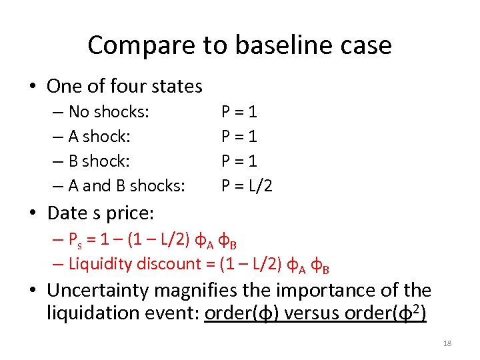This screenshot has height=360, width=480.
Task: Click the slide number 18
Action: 447,343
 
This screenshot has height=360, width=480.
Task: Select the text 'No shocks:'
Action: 109,112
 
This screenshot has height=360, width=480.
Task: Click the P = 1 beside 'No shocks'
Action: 239,112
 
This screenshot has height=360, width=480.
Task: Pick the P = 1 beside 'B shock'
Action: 239,161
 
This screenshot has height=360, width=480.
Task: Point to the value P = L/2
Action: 247,185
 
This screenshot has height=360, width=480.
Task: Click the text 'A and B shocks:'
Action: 127,185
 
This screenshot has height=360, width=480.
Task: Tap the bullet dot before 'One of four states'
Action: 36,87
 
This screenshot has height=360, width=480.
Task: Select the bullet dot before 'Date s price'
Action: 36,213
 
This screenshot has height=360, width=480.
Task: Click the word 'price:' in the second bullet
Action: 133,213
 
